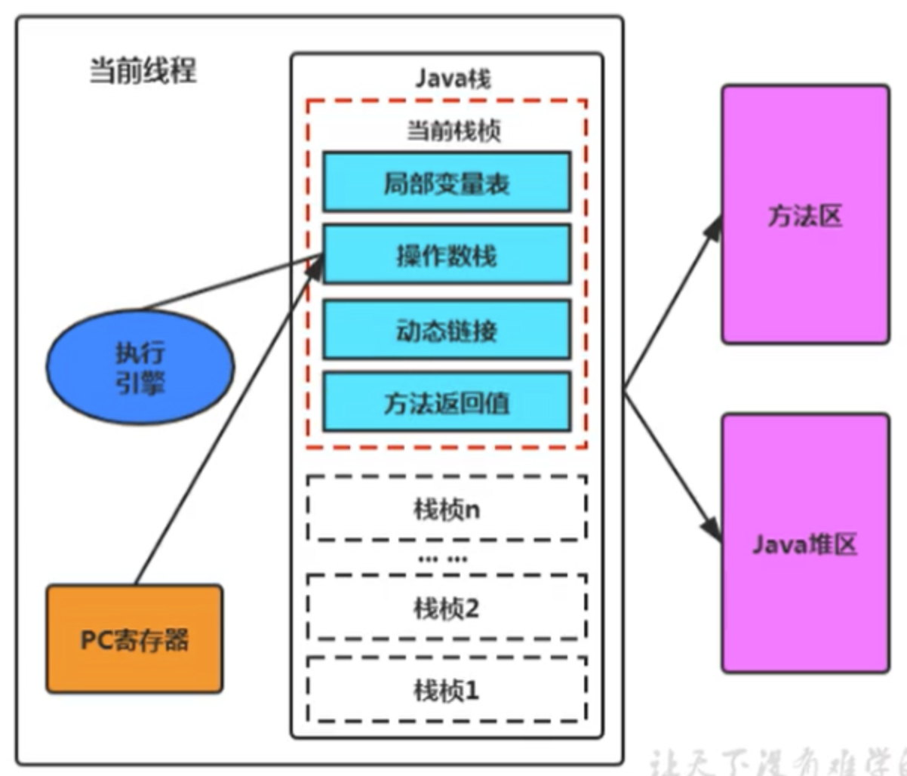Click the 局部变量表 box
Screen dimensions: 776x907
tap(447, 181)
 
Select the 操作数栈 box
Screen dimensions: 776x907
tap(447, 254)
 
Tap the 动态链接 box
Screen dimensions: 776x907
tap(447, 329)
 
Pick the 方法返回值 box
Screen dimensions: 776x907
tap(447, 402)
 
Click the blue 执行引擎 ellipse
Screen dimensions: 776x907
tap(140, 367)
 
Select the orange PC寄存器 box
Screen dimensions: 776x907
tap(134, 639)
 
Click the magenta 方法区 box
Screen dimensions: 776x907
tap(804, 215)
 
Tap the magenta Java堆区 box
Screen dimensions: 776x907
tap(804, 544)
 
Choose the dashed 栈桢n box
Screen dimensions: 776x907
tap(447, 508)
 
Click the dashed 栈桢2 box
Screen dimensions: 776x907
tap(447, 607)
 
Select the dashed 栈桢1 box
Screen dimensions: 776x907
tap(447, 688)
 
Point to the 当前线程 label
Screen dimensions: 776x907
tap(143, 72)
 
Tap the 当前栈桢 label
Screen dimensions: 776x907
tap(453, 131)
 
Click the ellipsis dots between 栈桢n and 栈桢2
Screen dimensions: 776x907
tap(442, 559)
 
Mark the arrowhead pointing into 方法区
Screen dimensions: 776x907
tap(713, 226)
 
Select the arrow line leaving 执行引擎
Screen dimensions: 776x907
tap(226, 285)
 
